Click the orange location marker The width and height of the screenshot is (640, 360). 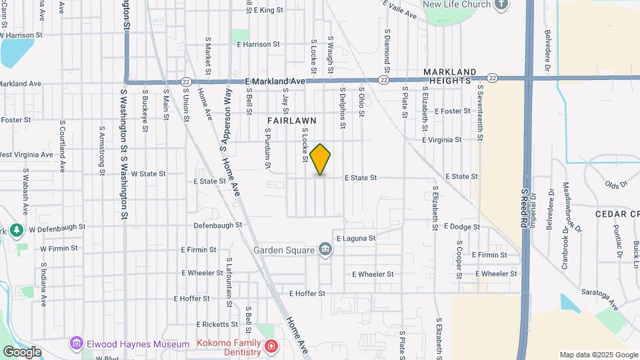click(321, 159)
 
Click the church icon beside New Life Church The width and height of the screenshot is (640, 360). click(502, 4)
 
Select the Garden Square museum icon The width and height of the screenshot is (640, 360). click(326, 250)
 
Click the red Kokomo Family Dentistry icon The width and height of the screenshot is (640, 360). click(271, 346)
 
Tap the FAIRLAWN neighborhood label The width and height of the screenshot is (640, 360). click(291, 120)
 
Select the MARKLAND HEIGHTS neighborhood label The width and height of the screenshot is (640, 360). click(450, 76)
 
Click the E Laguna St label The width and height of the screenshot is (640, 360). click(356, 238)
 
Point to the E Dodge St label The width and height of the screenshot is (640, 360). click(461, 227)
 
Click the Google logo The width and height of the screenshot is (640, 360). click(22, 352)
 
